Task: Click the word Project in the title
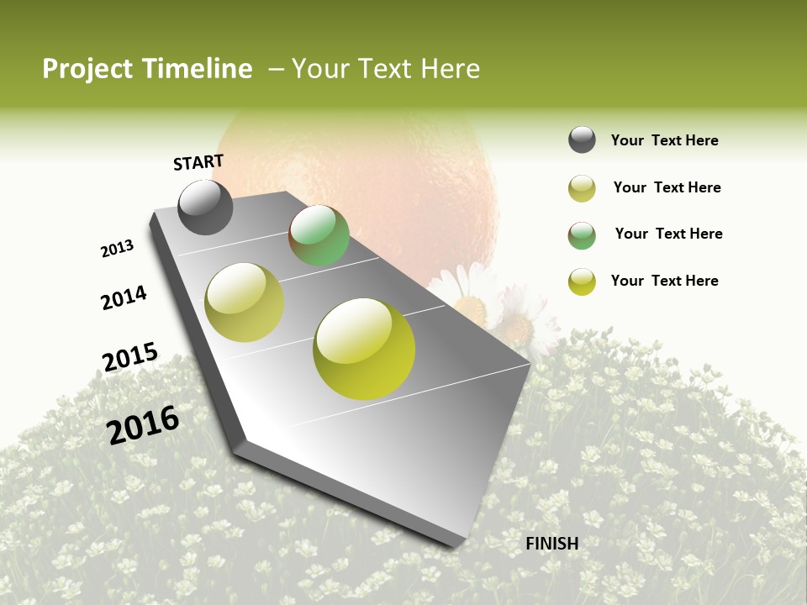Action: click(87, 69)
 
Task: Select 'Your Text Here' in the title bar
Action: click(386, 69)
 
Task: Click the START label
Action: click(198, 162)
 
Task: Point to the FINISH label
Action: click(551, 544)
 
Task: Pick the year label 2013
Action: click(117, 249)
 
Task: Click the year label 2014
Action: click(124, 298)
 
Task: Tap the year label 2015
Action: click(129, 357)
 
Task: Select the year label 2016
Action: click(143, 424)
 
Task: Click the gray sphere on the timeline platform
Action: click(205, 208)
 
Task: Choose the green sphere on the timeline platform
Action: click(319, 235)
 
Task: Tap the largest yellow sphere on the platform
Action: click(364, 349)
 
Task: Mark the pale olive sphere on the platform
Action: click(245, 302)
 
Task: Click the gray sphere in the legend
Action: click(582, 139)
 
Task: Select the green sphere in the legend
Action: click(582, 235)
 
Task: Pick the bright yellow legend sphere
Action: click(582, 281)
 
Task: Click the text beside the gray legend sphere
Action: click(664, 140)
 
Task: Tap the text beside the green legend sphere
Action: click(668, 234)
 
